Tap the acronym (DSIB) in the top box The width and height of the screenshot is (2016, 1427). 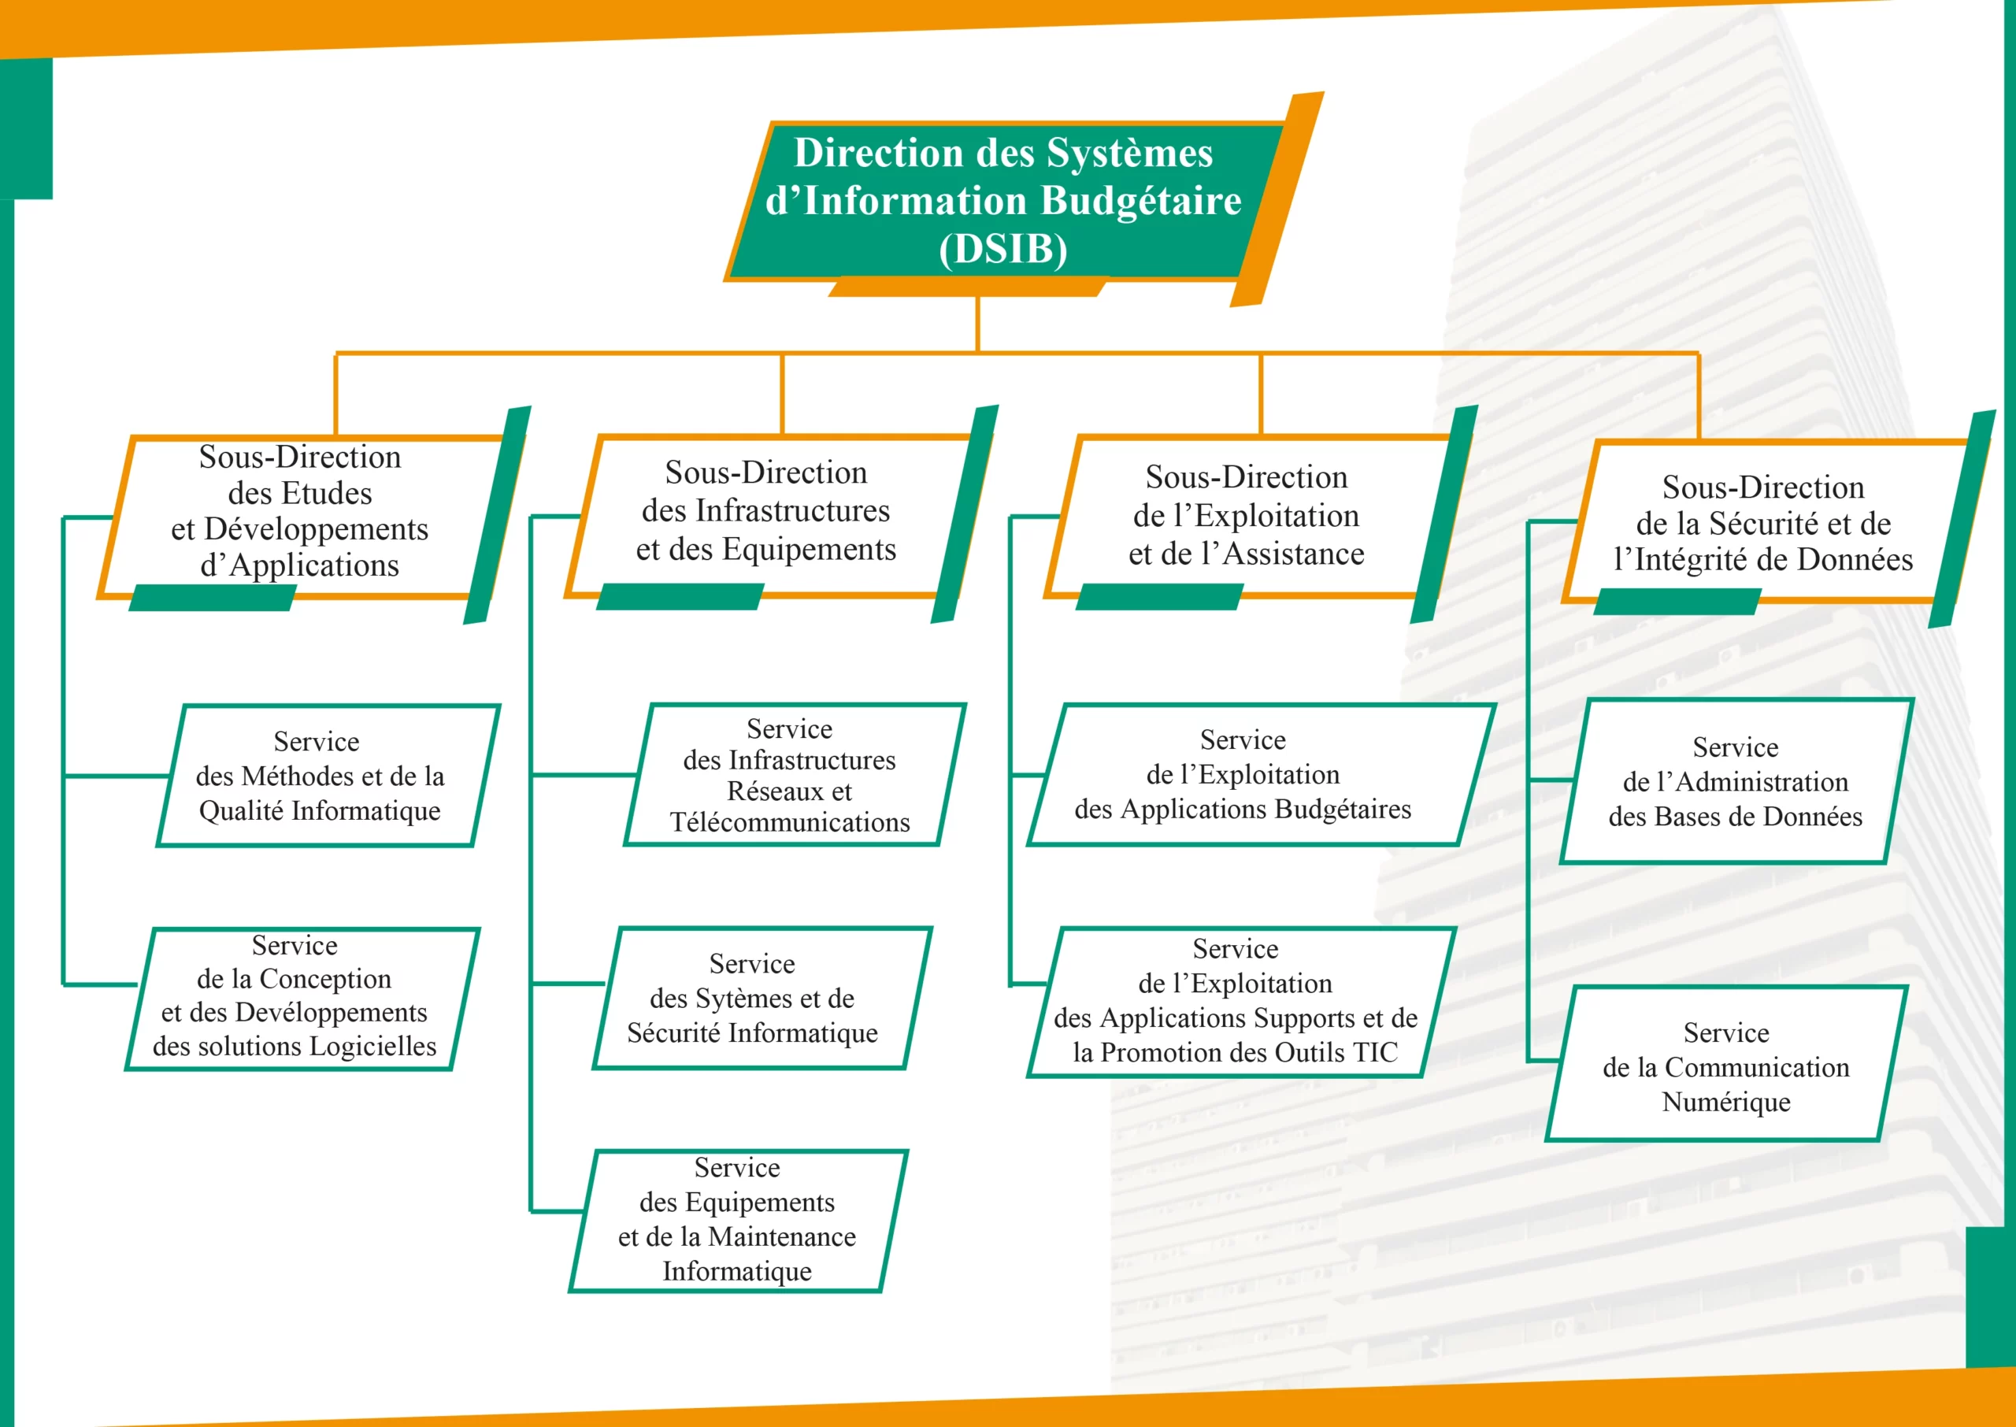[x=1003, y=249]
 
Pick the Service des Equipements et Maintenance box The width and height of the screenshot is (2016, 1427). [x=739, y=1221]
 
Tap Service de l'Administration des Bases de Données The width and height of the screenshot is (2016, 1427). [x=1736, y=781]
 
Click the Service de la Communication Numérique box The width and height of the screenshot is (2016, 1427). [x=1727, y=1064]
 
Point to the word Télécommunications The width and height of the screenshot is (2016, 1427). [x=790, y=822]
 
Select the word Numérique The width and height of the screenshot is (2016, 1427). [x=1726, y=1102]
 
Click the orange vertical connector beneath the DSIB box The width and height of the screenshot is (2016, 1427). [x=978, y=324]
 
